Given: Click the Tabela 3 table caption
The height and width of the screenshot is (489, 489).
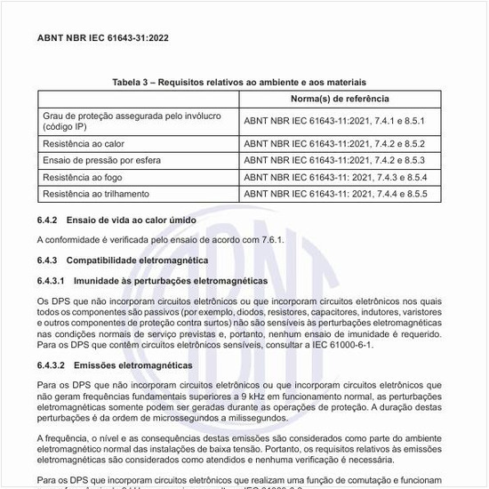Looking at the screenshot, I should [244, 82].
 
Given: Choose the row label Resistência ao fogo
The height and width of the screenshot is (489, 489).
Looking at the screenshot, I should [83, 177].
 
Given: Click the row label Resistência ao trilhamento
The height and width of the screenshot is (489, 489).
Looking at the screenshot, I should [96, 193].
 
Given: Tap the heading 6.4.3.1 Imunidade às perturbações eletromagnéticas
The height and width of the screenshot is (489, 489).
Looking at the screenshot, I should [152, 281].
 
